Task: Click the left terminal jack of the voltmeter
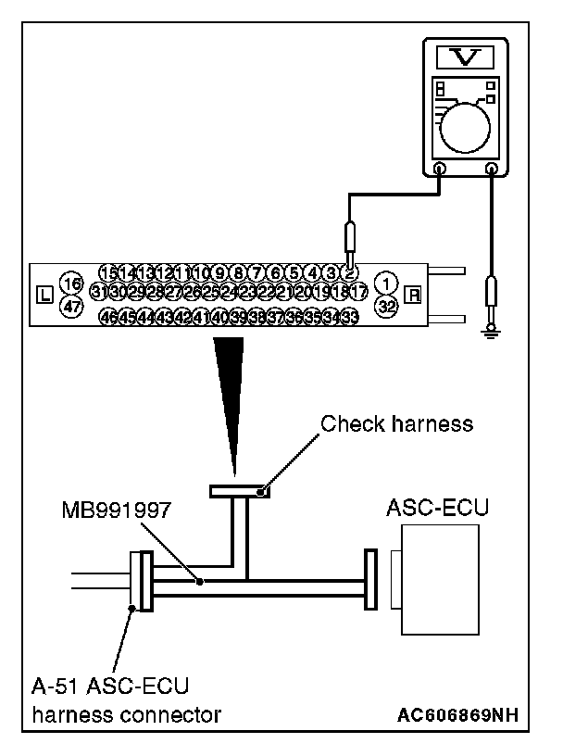pyautogui.click(x=439, y=170)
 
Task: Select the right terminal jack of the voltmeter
pyautogui.click(x=492, y=170)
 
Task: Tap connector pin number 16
pyautogui.click(x=70, y=282)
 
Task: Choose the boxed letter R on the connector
pyautogui.click(x=414, y=295)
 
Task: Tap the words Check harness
pyautogui.click(x=396, y=424)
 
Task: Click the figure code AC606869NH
pyautogui.click(x=456, y=715)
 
